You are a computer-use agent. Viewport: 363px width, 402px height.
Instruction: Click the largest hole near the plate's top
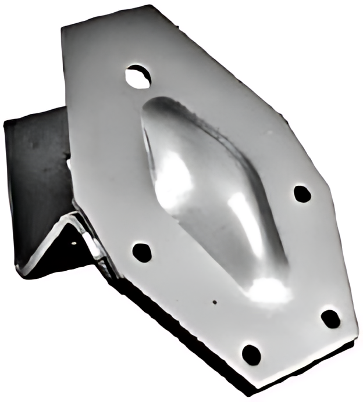pyautogui.click(x=138, y=76)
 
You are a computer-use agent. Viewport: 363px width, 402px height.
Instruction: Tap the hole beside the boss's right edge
pyautogui.click(x=302, y=193)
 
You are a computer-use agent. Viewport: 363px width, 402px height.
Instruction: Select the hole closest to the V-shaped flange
pyautogui.click(x=142, y=252)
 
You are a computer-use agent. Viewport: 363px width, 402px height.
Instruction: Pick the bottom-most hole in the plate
pyautogui.click(x=251, y=353)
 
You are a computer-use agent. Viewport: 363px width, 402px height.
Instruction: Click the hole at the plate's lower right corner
pyautogui.click(x=330, y=318)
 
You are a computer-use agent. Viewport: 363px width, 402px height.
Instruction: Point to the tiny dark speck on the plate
pyautogui.click(x=215, y=302)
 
